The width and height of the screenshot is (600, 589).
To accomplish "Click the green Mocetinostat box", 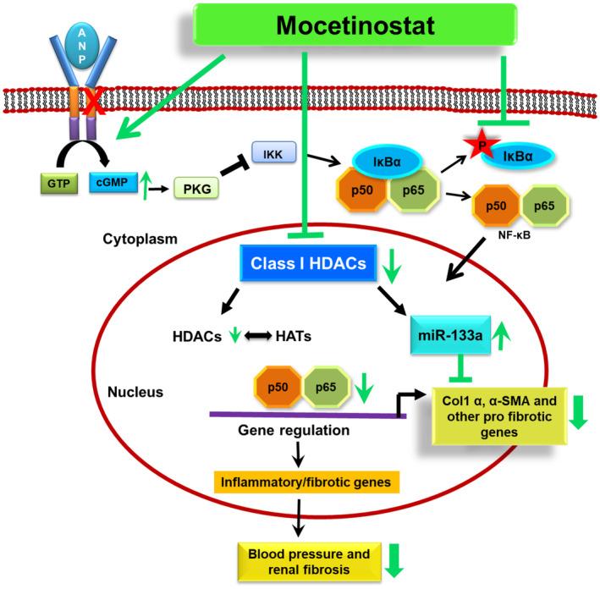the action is click(355, 25).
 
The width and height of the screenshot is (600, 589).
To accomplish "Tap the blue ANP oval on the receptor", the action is click(82, 46).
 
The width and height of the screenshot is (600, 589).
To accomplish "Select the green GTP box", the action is click(59, 184).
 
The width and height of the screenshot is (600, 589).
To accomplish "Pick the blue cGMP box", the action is click(113, 182).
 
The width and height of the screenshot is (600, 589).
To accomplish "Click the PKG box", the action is click(196, 189).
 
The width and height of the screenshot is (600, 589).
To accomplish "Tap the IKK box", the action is click(273, 152).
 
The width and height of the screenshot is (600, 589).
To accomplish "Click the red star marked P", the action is click(482, 144).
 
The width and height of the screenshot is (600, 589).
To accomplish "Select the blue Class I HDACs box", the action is click(308, 263).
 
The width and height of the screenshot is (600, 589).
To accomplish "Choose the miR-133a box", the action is click(450, 335).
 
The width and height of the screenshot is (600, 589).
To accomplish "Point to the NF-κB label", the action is click(515, 235).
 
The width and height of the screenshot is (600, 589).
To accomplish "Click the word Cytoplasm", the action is click(140, 239).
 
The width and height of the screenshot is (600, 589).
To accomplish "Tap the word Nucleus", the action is click(135, 392).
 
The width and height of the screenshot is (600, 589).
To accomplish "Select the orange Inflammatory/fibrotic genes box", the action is click(306, 482).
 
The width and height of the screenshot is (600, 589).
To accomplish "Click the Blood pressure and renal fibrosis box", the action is click(309, 561).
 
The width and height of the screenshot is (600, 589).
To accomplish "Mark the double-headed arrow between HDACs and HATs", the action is click(257, 336).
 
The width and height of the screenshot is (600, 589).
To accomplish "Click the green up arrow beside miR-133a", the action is click(500, 336).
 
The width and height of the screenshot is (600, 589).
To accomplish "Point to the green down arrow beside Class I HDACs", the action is click(392, 267).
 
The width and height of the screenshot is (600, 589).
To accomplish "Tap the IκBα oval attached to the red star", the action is click(517, 156).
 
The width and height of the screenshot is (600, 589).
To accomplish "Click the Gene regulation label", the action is click(294, 430).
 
